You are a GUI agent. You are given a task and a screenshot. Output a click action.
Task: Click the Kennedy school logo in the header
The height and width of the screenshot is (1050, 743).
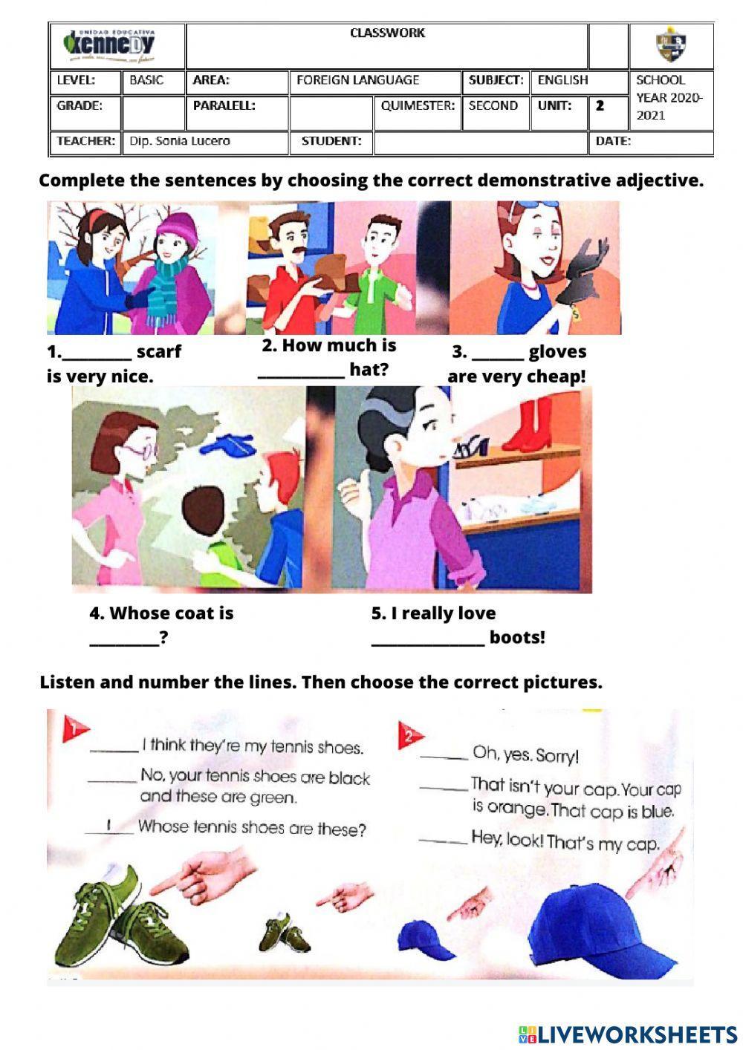[117, 46]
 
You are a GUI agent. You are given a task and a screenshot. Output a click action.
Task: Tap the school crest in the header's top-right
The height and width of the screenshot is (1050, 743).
[671, 46]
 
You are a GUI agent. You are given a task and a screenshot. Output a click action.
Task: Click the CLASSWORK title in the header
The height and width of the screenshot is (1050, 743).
[387, 33]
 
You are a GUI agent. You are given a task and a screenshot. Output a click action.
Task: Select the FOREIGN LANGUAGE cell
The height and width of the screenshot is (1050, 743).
[358, 80]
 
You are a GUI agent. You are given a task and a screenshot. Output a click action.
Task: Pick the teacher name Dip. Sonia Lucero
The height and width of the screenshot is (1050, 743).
[180, 141]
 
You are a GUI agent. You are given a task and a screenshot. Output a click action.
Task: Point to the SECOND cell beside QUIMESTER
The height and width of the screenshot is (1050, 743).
[493, 105]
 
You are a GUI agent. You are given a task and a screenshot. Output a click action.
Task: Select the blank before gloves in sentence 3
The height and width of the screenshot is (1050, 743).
[498, 353]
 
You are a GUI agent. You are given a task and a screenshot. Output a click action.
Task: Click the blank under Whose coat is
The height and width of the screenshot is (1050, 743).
[124, 639]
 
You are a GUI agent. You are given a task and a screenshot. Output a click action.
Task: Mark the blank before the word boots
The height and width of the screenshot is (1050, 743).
[427, 639]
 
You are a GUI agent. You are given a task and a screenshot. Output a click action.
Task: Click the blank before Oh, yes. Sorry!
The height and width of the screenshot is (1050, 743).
[444, 756]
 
